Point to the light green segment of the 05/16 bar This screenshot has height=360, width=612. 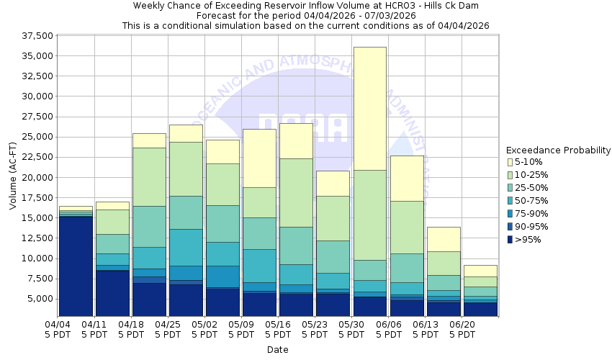pyautogui.click(x=296, y=192)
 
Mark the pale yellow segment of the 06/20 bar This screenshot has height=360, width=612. pyautogui.click(x=480, y=271)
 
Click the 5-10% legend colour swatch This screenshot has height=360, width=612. pyautogui.click(x=510, y=162)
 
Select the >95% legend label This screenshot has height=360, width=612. pyautogui.click(x=528, y=240)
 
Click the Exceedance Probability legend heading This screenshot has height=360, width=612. pyautogui.click(x=558, y=150)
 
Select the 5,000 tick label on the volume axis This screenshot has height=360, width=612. pyautogui.click(x=41, y=298)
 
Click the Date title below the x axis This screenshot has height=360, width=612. pyautogui.click(x=277, y=350)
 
